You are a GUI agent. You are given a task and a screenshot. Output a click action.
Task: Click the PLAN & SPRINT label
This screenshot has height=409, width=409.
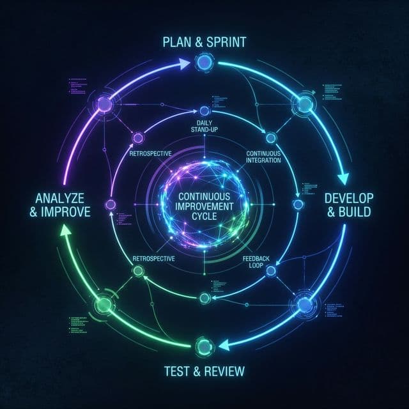[204, 42]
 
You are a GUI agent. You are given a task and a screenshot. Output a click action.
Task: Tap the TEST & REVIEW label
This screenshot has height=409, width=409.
[204, 371]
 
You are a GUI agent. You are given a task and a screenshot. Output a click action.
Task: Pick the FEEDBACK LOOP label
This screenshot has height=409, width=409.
[257, 261]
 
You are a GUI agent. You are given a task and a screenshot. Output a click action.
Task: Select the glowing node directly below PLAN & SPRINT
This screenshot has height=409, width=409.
[204, 63]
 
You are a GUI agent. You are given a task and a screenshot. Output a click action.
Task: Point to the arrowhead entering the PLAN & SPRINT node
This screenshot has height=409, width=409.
[187, 63]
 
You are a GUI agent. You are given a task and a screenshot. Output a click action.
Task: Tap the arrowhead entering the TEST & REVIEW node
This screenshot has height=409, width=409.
[225, 345]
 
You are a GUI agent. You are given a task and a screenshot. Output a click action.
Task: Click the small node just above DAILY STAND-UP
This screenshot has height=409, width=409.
[204, 111]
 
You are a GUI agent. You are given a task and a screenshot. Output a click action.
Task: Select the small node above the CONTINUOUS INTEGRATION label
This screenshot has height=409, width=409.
[270, 137]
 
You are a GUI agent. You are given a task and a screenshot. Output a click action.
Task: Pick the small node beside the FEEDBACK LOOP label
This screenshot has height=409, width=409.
[270, 271]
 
